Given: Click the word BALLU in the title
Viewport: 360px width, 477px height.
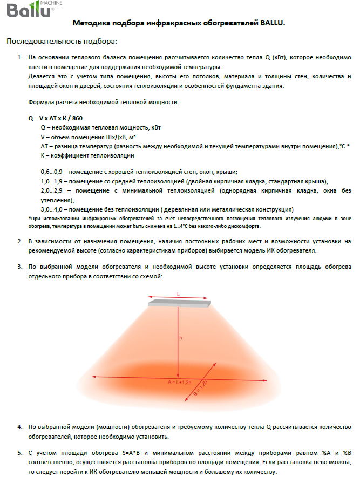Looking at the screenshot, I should (x=270, y=24).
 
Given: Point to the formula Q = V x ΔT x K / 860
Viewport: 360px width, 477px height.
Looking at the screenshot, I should (x=55, y=118).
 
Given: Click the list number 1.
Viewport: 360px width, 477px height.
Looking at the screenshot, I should (x=19, y=57).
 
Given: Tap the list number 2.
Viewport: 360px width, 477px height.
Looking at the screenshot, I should (x=19, y=241).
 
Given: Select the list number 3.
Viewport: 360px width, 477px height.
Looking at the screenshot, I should (x=19, y=267).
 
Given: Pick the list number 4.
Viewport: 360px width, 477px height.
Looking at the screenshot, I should (x=19, y=427).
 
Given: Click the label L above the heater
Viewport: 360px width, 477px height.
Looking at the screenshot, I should (x=178, y=294).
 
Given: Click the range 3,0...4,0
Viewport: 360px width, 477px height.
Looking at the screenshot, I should (x=52, y=209).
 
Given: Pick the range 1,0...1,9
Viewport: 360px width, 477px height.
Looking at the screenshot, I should (x=52, y=181).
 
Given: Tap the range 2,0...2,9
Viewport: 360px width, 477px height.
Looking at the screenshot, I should (x=52, y=191).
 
